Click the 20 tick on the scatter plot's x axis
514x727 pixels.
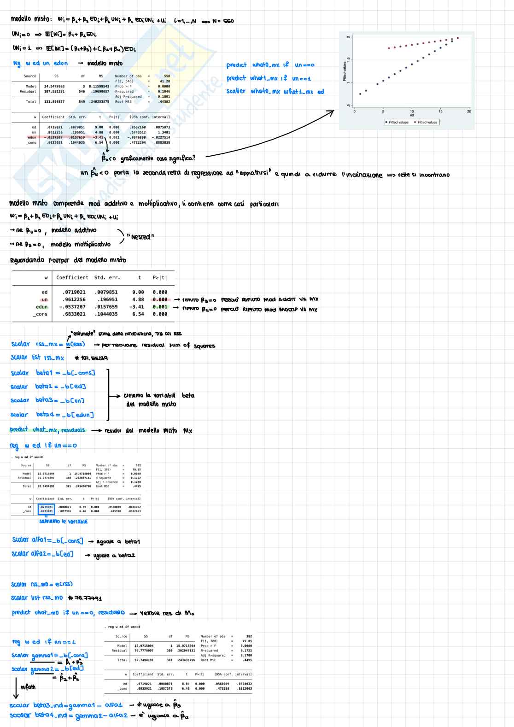[469, 111]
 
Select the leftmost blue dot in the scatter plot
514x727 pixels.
[360, 94]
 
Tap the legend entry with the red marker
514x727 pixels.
[426, 122]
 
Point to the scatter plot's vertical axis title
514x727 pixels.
[344, 71]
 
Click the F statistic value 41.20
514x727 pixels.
[165, 82]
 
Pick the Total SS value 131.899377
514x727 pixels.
[54, 102]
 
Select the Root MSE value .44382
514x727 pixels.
[164, 102]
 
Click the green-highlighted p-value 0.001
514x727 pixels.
[160, 307]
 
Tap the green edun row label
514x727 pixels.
[41, 307]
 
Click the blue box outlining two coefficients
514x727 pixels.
[46, 509]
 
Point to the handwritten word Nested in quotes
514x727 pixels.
[140, 237]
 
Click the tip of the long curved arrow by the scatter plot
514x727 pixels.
[334, 111]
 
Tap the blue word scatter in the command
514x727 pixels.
[236, 91]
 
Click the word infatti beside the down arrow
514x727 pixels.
[28, 687]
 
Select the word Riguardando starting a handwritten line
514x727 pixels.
[27, 260]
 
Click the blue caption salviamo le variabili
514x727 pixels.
[63, 522]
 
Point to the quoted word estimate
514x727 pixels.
[83, 333]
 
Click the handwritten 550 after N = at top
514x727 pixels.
[228, 21]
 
